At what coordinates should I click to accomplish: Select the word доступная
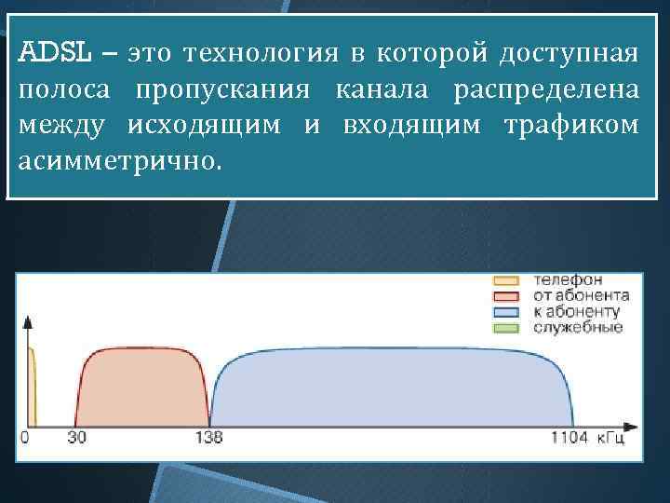[568, 53]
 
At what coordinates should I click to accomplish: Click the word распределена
[546, 89]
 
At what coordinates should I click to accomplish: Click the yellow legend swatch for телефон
[505, 279]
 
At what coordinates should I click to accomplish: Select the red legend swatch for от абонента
[505, 295]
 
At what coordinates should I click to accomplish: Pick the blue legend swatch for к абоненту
[505, 311]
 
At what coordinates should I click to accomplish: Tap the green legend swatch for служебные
[505, 327]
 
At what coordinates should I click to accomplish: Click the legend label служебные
[578, 328]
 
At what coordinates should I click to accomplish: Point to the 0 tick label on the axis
[25, 437]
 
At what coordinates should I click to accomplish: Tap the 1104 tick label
[569, 437]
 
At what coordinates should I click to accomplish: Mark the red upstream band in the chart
[142, 387]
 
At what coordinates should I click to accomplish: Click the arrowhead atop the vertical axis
[28, 322]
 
